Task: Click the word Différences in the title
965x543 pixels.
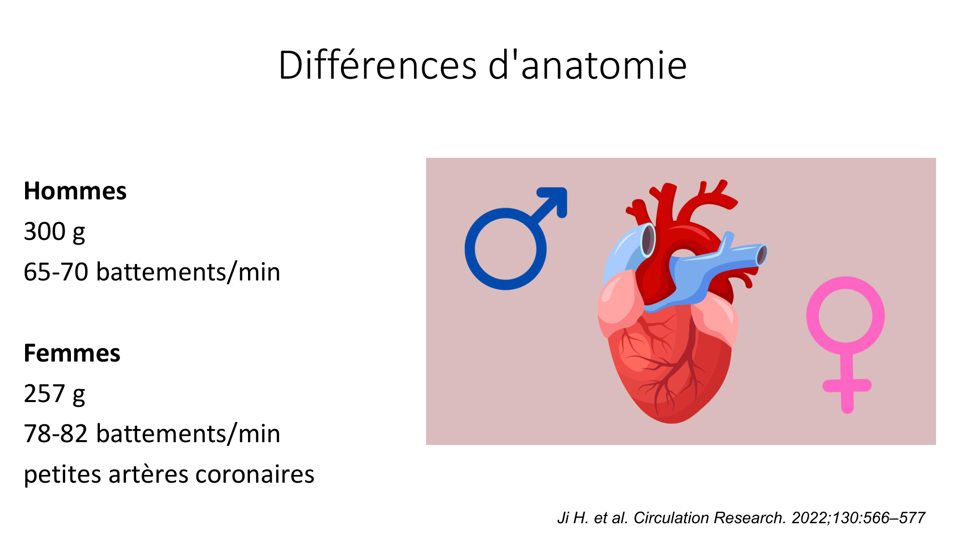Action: point(378,65)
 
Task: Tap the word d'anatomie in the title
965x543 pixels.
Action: point(588,65)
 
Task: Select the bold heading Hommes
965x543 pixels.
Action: point(75,191)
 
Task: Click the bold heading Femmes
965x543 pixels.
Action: point(72,353)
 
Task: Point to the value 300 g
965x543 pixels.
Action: point(55,232)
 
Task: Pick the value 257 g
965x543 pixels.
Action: point(55,394)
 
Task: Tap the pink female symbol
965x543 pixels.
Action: point(846,344)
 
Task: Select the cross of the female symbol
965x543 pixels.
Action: point(847,386)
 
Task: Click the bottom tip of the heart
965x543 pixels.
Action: point(672,423)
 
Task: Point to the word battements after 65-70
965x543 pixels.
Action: point(160,272)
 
